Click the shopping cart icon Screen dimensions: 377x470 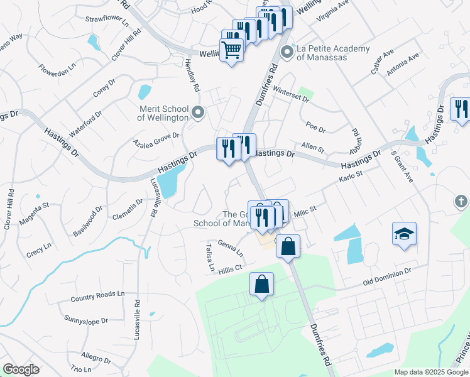[232, 50]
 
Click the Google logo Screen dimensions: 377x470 [21, 369]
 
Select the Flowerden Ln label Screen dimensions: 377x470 [57, 65]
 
